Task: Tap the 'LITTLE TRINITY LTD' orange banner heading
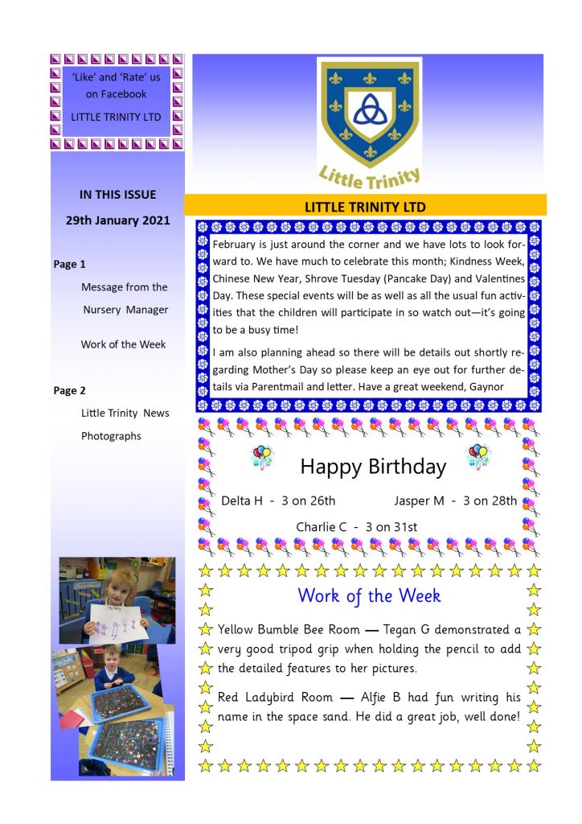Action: tap(365, 207)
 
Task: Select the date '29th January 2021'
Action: tap(117, 220)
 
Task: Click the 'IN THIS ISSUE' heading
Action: tap(117, 195)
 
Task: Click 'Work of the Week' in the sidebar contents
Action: tap(123, 344)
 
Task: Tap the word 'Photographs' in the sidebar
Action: tap(111, 436)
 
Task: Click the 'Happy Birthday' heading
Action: tap(373, 467)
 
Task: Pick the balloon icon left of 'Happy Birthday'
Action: tap(262, 458)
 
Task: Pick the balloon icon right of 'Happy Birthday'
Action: tap(478, 456)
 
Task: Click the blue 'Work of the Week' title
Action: tap(369, 596)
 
